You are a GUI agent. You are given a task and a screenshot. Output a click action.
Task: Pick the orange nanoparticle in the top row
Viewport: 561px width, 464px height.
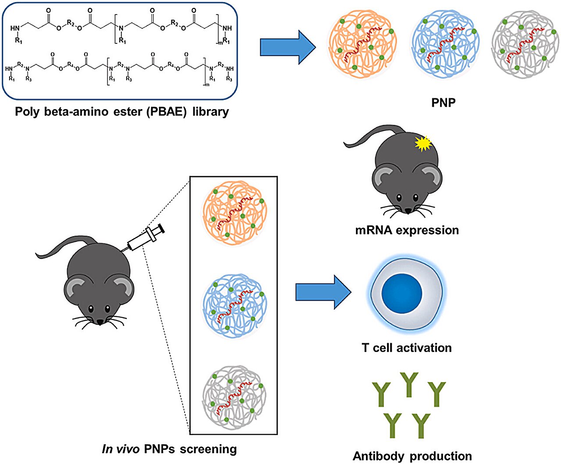point(363,44)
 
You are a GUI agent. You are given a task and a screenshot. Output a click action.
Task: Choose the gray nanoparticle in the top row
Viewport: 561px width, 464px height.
point(525,44)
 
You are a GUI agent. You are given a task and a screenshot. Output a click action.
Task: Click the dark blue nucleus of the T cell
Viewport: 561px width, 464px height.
point(401,293)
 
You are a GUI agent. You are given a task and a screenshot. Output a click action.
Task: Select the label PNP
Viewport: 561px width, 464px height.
point(443,103)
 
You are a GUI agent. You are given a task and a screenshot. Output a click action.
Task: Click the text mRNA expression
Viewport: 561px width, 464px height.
point(407,230)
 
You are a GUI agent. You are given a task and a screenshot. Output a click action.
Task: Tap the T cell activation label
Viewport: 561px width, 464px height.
point(406,348)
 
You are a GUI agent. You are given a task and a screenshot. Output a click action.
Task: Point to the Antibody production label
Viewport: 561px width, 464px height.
point(412,456)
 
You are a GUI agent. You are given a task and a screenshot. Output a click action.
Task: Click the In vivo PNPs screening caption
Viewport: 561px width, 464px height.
point(169,449)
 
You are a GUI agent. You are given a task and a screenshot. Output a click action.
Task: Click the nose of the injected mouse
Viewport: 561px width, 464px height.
point(100,322)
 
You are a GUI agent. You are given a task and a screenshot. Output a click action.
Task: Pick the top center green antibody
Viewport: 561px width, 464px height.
point(409,384)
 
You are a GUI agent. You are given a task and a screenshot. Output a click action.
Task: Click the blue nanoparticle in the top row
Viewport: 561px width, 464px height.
point(444,44)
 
